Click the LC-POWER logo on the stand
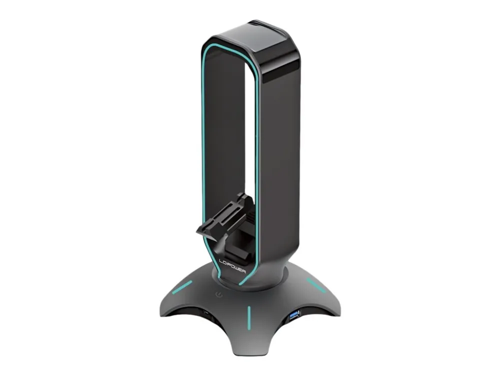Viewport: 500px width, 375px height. (x=232, y=265)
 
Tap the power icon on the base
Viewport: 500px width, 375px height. (x=219, y=294)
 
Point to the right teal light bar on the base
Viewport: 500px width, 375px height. (x=316, y=285)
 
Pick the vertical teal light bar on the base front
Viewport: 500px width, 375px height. (x=248, y=317)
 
